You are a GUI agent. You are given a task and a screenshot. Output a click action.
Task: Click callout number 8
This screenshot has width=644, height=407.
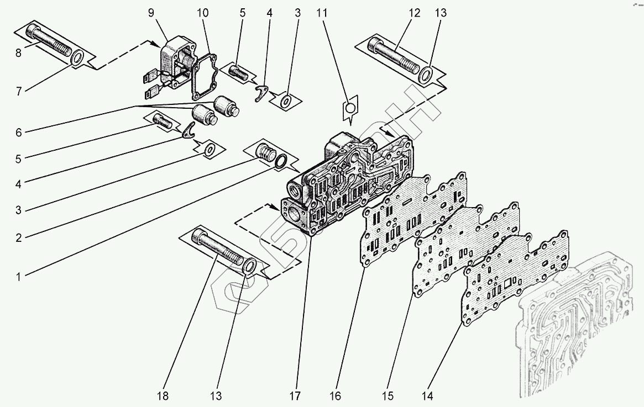point(18,54)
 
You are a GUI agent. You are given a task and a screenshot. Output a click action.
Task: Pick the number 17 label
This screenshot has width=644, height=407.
point(295,396)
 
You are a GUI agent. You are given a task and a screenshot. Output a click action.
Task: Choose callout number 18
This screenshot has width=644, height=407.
point(162,396)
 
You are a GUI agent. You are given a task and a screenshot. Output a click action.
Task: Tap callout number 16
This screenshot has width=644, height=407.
point(336,396)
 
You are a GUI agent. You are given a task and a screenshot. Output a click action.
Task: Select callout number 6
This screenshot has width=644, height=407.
point(18,133)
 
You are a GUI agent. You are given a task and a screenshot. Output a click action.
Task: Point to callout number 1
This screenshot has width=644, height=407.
point(18,277)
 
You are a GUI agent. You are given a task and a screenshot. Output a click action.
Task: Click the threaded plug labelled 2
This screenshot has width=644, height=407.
point(267,151)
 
